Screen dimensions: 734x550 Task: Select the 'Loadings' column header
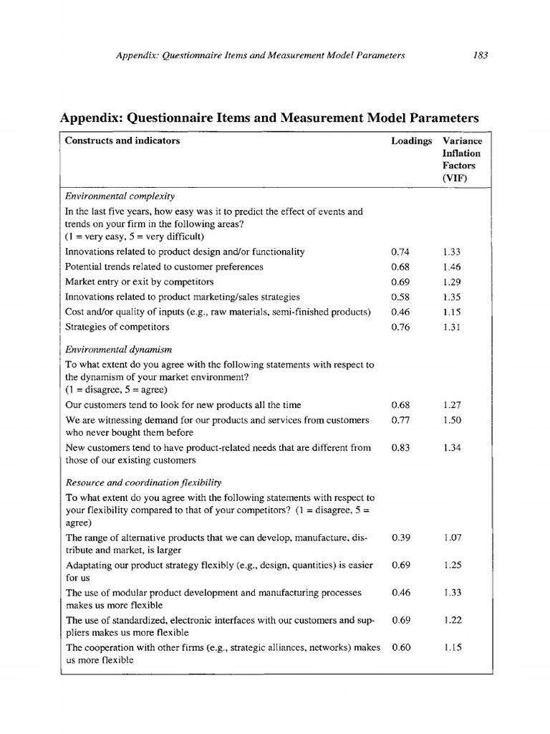tap(411, 141)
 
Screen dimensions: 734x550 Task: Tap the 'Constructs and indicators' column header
tap(122, 141)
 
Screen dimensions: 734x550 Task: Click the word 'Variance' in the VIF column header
tap(462, 141)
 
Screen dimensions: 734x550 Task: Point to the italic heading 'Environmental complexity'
tap(120, 196)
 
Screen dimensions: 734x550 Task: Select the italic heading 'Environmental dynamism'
tap(118, 348)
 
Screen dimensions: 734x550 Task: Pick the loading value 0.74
tap(400, 252)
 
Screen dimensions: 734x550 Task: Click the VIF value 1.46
tap(452, 267)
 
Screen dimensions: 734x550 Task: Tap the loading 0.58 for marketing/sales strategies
tap(400, 297)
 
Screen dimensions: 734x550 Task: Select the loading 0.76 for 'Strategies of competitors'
tap(400, 327)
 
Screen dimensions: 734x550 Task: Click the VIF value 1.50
tap(452, 419)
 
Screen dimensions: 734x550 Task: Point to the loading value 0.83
tap(400, 448)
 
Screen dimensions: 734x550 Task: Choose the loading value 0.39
tap(400, 537)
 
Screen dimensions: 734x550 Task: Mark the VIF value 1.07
tap(452, 537)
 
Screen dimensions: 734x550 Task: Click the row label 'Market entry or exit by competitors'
tap(139, 282)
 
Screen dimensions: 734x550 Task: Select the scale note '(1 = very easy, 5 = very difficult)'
tap(135, 237)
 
